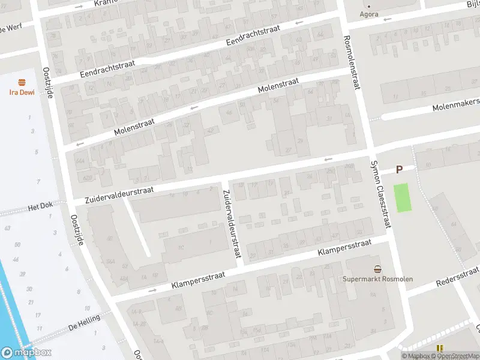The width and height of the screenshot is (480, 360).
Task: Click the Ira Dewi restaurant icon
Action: click(x=22, y=82)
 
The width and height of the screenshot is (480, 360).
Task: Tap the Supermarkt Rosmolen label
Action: click(x=373, y=279)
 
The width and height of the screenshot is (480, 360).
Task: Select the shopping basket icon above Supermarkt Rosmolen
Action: click(x=377, y=269)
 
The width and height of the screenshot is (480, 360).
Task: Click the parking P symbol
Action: click(x=398, y=170)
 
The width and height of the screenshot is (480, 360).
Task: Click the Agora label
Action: click(x=368, y=14)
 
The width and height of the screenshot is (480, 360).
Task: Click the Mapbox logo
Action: click(x=26, y=353)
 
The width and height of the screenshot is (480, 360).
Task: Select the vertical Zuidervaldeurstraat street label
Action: click(x=232, y=224)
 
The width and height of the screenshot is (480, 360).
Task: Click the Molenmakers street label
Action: click(x=457, y=106)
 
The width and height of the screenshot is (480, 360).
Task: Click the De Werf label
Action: click(x=11, y=28)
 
